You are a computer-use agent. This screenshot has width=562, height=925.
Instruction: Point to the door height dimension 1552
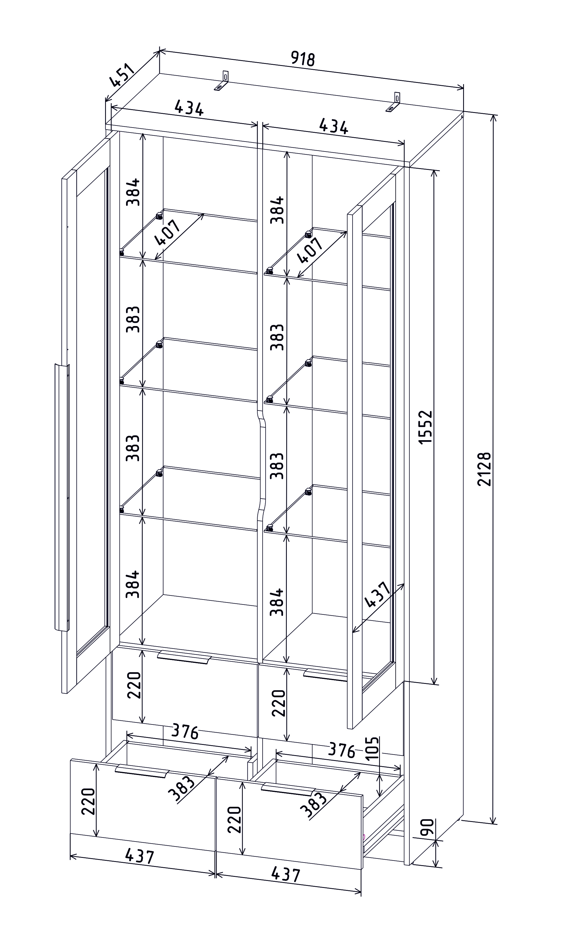point(426,427)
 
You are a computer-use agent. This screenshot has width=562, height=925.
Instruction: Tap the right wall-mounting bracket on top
point(394,102)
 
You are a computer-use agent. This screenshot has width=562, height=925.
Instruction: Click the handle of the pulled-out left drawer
point(142,771)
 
